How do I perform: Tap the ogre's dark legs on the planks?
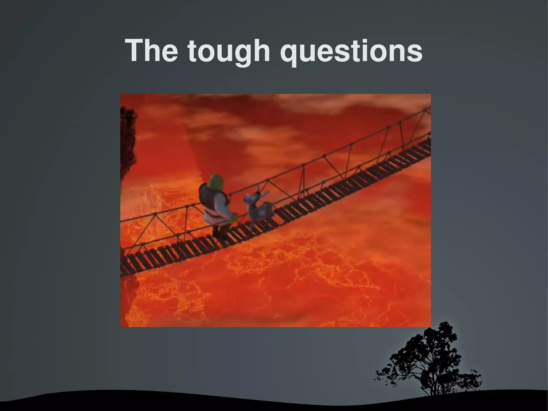(x=218, y=230)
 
